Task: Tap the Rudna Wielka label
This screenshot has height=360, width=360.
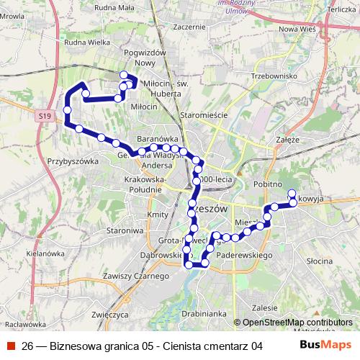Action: (86, 42)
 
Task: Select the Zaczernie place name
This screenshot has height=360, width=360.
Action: (189, 26)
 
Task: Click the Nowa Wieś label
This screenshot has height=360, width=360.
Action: (298, 29)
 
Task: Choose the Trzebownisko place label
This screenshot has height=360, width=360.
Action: (274, 75)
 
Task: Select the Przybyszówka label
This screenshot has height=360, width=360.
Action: (72, 162)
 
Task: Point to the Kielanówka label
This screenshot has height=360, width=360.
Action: (45, 253)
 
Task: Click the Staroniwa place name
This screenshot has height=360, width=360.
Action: (122, 230)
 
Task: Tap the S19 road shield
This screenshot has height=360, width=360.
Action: (45, 115)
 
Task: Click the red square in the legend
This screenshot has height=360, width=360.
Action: (12, 346)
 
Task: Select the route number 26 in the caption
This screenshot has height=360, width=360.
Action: (27, 346)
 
